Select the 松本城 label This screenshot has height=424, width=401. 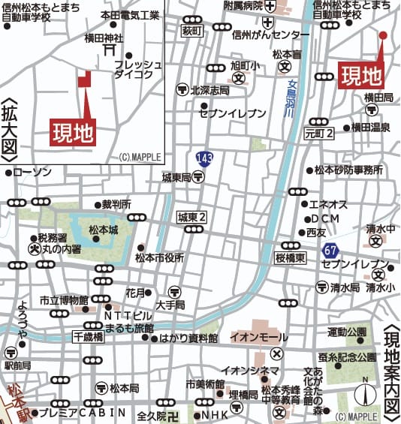[104, 230]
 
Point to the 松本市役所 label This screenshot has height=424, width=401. [159, 257]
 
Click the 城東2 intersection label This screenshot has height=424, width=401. [191, 217]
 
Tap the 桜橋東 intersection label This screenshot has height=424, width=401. [290, 257]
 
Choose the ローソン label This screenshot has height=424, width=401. [32, 173]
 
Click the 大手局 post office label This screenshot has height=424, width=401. [175, 305]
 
